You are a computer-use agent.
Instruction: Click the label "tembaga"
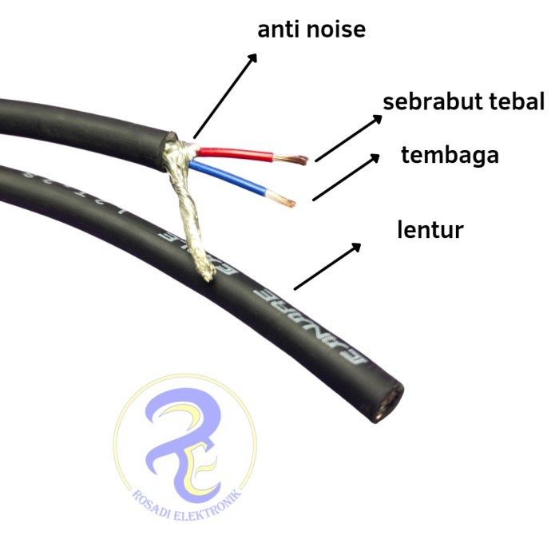tap(450, 155)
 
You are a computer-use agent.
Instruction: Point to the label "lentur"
tap(430, 231)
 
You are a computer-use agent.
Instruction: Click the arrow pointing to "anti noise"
tap(225, 96)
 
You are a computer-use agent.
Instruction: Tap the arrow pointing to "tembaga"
tap(346, 176)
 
